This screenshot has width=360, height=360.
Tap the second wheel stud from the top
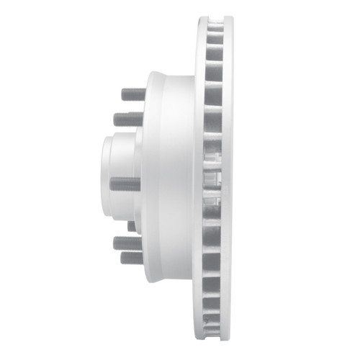coord(128,118)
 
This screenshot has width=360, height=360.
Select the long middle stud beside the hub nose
coord(125,184)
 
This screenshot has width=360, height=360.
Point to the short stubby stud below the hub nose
coord(132,225)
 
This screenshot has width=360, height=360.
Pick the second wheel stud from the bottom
coord(127,243)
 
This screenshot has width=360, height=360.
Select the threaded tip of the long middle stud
coord(113,184)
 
